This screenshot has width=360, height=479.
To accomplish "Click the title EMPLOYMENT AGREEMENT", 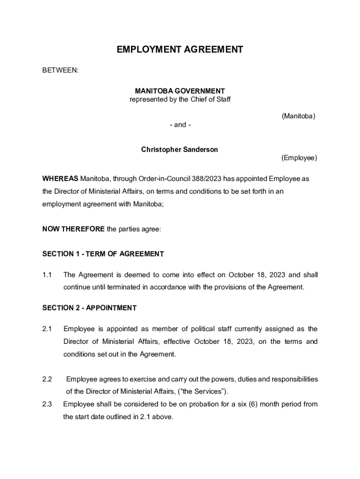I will pyautogui.click(x=180, y=50).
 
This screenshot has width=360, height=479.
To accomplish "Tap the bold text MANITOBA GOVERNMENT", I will pyautogui.click(x=180, y=91).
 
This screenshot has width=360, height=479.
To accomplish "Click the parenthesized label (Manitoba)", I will pyautogui.click(x=298, y=116).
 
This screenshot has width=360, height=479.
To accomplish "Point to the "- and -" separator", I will pyautogui.click(x=180, y=125).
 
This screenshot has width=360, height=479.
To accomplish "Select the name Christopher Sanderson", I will pyautogui.click(x=180, y=150).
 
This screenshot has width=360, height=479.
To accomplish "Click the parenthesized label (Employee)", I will pyautogui.click(x=299, y=158).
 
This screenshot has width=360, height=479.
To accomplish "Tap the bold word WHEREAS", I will pyautogui.click(x=60, y=179).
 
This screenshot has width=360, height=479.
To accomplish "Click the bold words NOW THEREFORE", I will pyautogui.click(x=73, y=229).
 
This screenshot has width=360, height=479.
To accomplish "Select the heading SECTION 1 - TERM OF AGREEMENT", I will pyautogui.click(x=103, y=254).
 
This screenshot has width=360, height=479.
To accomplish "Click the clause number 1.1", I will pyautogui.click(x=47, y=275).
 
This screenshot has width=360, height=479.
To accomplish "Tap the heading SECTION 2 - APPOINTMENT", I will pyautogui.click(x=89, y=308).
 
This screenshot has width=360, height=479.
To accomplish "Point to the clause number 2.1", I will pyautogui.click(x=47, y=329).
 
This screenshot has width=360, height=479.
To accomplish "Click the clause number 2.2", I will pyautogui.click(x=47, y=379).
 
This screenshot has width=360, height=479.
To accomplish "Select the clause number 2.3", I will pyautogui.click(x=47, y=404).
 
